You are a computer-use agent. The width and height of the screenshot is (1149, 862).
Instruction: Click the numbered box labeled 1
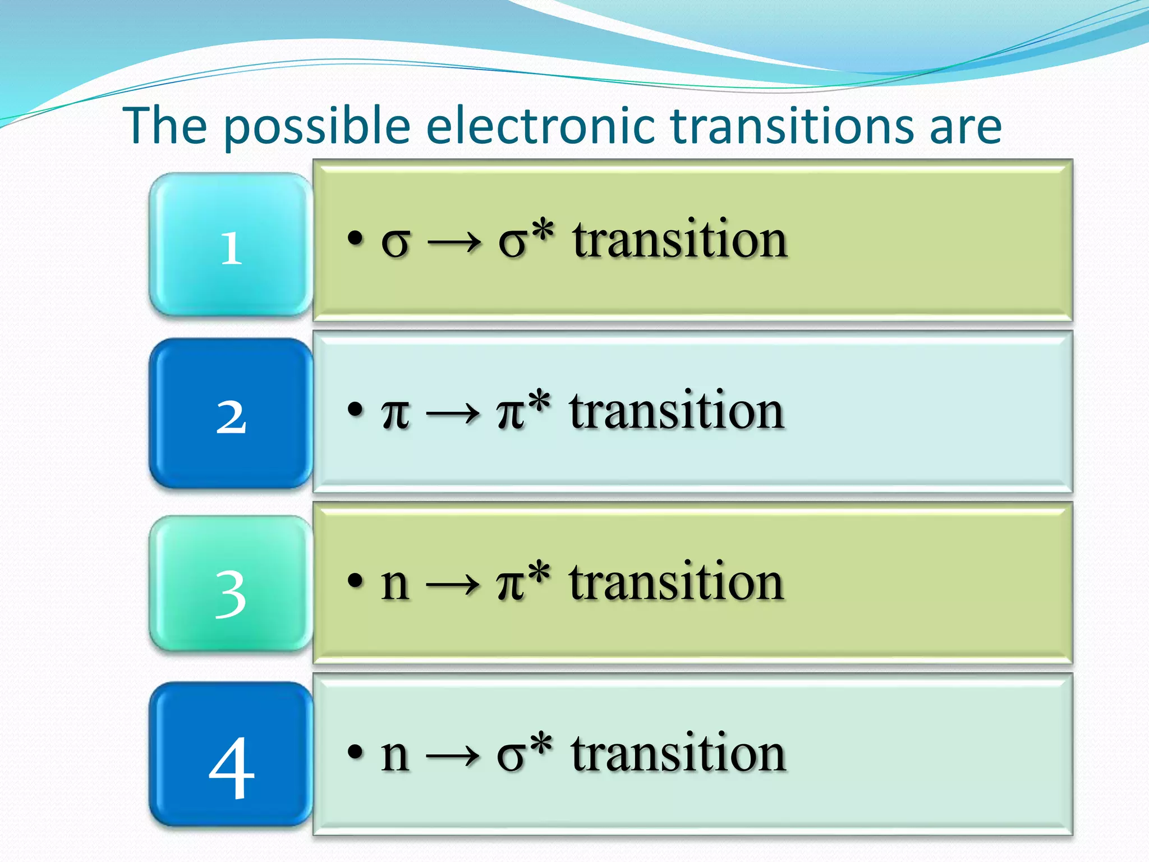click(231, 245)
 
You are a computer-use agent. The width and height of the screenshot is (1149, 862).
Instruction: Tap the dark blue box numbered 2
click(231, 414)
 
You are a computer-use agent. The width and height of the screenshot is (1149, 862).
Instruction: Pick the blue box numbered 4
click(231, 755)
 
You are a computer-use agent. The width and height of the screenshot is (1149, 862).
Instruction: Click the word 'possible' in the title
click(318, 127)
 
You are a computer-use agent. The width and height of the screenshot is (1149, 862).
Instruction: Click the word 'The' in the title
click(166, 126)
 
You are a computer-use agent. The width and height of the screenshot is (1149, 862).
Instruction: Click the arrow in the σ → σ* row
click(454, 244)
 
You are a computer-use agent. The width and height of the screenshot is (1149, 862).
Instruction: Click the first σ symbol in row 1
click(396, 244)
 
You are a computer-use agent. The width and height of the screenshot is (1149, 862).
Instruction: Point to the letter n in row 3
click(394, 585)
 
